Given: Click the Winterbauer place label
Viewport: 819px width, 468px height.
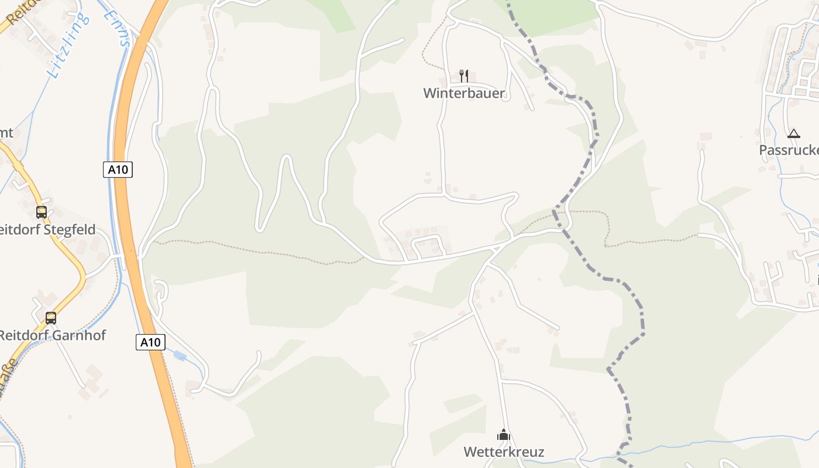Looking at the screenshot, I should [464, 93].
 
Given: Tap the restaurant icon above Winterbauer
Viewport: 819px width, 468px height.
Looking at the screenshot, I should [464, 75].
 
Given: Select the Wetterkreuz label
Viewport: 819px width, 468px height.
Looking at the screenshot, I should [504, 452].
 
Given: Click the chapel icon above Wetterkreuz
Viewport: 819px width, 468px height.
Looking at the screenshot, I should [504, 435].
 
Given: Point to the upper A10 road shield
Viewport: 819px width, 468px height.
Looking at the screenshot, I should [118, 170].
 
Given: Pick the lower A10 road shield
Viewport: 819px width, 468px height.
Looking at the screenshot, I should [150, 342].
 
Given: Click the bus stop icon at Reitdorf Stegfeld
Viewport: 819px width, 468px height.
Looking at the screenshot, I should [42, 212].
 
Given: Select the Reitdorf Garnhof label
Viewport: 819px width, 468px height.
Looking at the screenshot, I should [53, 335].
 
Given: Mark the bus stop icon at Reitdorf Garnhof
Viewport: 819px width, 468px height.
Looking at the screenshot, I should [51, 318].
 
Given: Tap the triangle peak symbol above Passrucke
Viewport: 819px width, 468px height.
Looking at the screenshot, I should [793, 133].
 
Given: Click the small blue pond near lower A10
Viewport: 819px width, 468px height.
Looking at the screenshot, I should [180, 355].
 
